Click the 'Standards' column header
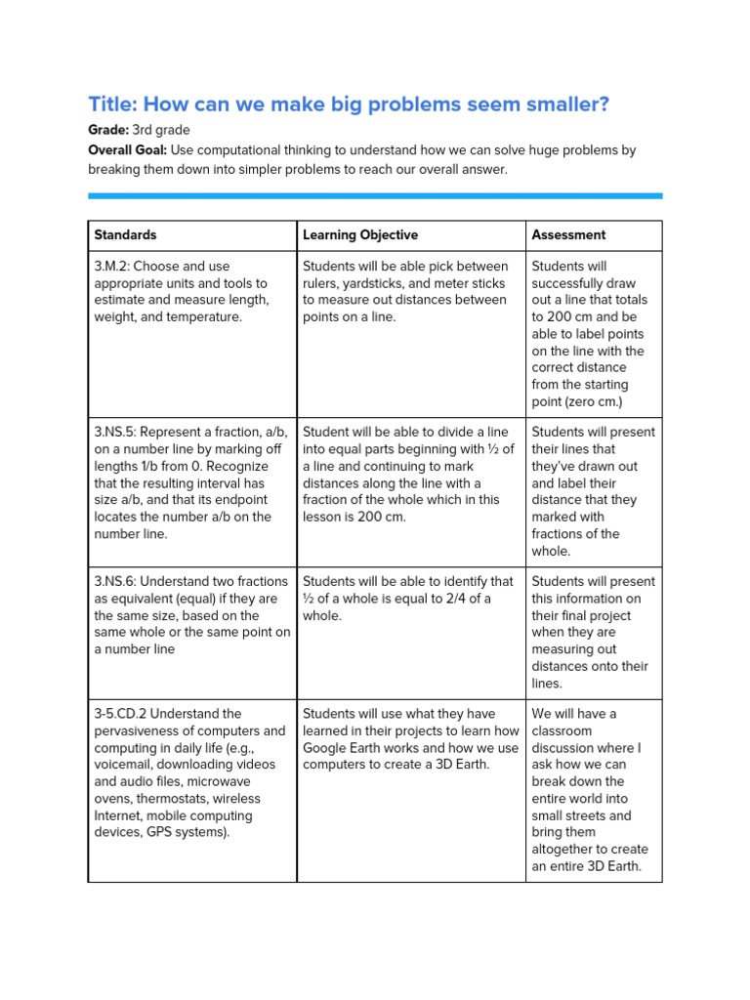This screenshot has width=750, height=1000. point(125,235)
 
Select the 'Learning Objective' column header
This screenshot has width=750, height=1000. point(360,235)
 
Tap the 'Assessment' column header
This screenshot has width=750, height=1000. point(568,235)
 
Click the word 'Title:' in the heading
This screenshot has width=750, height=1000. point(116,104)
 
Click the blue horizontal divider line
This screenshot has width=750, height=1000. point(375,196)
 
